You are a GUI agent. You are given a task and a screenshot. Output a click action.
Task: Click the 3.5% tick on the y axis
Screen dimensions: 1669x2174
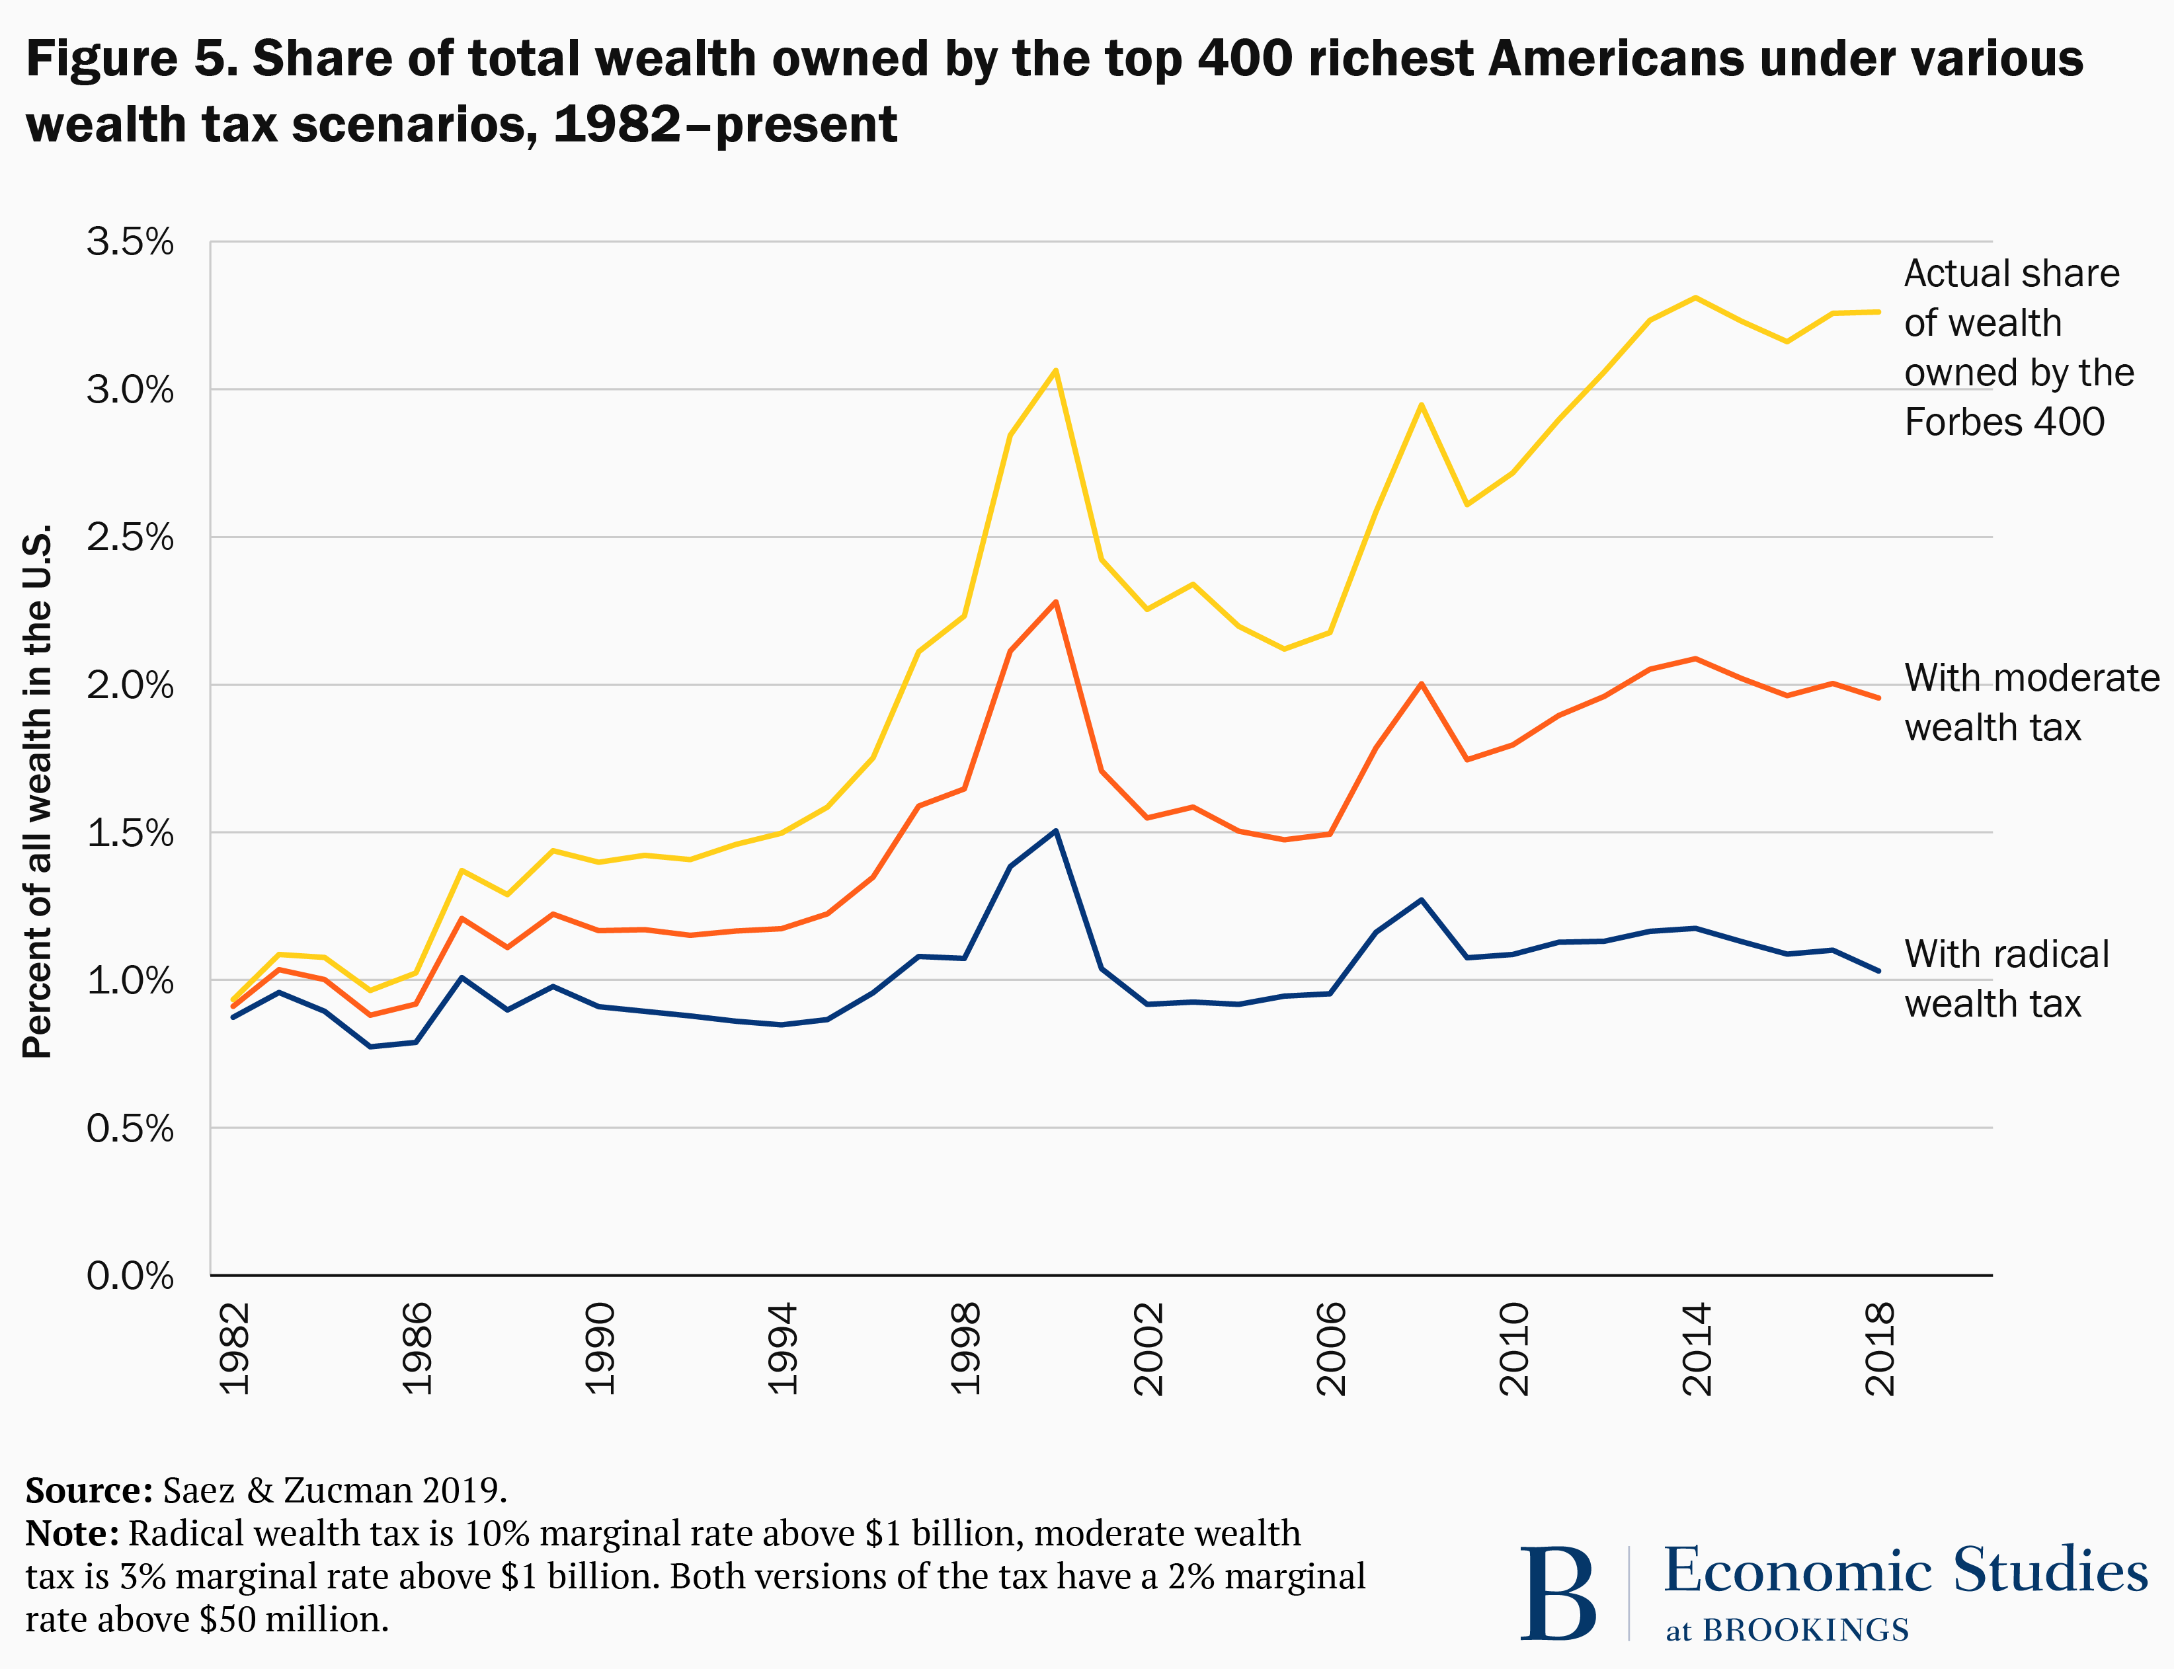[129, 241]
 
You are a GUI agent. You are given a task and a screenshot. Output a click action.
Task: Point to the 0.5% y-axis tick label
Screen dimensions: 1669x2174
[129, 1128]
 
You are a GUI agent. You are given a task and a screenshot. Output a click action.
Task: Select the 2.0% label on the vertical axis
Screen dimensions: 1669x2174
[129, 685]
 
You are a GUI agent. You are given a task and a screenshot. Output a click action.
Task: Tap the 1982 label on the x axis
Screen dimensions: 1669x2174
[235, 1349]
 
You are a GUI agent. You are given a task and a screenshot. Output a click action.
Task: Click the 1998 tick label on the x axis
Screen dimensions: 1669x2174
[965, 1349]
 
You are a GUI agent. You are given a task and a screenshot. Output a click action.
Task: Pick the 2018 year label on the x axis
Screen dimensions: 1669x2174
[1880, 1349]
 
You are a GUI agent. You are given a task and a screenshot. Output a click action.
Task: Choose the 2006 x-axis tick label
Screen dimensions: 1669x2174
[1330, 1349]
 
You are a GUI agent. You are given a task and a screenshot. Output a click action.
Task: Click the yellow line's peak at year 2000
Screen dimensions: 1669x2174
[1055, 371]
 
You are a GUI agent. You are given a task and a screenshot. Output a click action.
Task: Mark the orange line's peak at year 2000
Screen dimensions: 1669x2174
[1055, 602]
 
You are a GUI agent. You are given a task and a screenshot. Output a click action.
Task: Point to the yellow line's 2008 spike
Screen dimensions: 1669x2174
[1421, 405]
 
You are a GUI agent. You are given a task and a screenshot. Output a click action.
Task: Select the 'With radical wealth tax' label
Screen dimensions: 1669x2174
[2005, 978]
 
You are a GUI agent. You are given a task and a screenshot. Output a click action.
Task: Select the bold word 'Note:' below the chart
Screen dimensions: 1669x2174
[71, 1533]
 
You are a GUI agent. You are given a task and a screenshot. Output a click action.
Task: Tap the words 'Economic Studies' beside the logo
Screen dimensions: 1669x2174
[1905, 1571]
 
